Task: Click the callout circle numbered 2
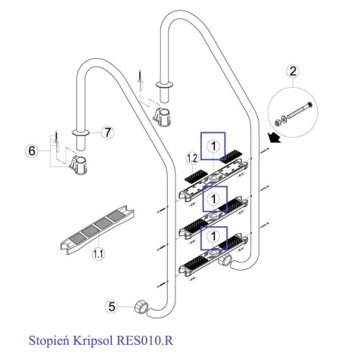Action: pyautogui.click(x=293, y=71)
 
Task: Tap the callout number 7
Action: pyautogui.click(x=107, y=132)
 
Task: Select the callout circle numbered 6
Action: pyautogui.click(x=32, y=151)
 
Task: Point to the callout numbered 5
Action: pyautogui.click(x=111, y=307)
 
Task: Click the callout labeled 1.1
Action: pyautogui.click(x=98, y=253)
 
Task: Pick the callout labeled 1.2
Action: pyautogui.click(x=192, y=158)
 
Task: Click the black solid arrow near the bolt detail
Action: pyautogui.click(x=275, y=138)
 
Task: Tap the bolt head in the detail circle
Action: pyautogui.click(x=309, y=104)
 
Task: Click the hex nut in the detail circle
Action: pyautogui.click(x=277, y=123)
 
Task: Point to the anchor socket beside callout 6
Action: pyautogui.click(x=79, y=165)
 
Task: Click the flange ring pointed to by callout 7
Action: pyautogui.click(x=80, y=132)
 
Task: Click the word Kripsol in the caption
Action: pyautogui.click(x=93, y=340)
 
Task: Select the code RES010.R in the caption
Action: pyautogui.click(x=145, y=340)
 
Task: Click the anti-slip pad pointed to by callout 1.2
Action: pyautogui.click(x=196, y=176)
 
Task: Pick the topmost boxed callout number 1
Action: pyautogui.click(x=213, y=146)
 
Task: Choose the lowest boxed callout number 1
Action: pyautogui.click(x=213, y=237)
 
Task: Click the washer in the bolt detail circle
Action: pyautogui.click(x=284, y=119)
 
